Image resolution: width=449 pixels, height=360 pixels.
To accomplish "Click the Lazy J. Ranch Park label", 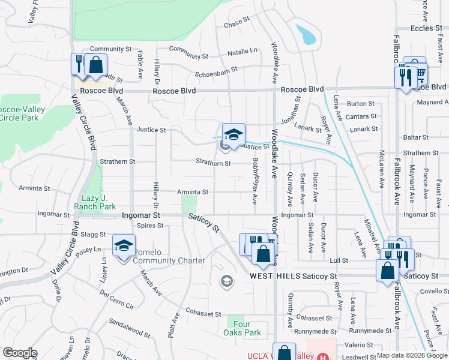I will click(94, 202).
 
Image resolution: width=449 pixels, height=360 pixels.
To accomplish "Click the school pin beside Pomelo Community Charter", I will click(124, 246).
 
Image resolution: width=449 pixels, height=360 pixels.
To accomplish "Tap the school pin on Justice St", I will click(234, 133).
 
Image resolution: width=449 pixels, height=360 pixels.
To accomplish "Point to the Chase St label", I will click(236, 25).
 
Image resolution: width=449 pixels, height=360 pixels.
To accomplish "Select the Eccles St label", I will click(426, 28).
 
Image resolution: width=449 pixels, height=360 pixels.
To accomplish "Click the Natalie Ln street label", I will click(242, 52).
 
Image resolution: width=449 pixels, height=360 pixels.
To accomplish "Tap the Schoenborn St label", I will click(216, 70).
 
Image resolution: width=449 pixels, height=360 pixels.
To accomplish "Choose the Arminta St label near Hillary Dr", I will click(192, 192).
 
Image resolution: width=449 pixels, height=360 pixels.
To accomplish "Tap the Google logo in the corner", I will click(20, 353).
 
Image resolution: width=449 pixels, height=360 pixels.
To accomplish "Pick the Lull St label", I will click(339, 260).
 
